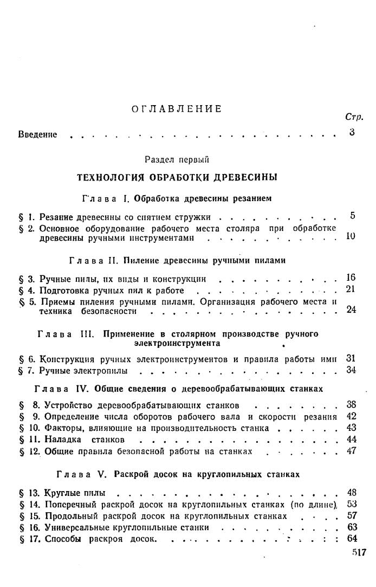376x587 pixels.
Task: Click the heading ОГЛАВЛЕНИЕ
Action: (177, 109)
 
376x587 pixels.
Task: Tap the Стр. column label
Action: (353, 117)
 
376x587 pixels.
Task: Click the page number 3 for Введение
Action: (352, 132)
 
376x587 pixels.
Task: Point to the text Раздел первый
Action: (177, 160)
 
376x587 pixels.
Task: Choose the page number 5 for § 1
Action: (353, 216)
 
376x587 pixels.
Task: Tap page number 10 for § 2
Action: (351, 236)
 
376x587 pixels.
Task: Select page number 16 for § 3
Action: (351, 278)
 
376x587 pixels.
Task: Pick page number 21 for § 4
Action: (351, 289)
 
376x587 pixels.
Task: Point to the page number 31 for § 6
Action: (351, 358)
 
